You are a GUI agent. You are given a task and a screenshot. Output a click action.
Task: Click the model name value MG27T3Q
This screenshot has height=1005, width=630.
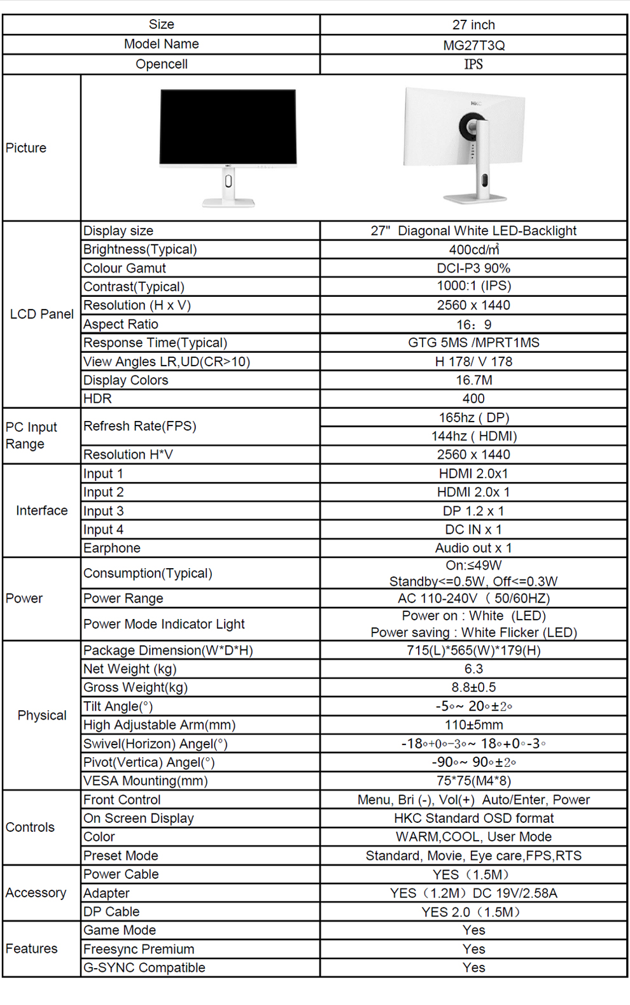coord(473,45)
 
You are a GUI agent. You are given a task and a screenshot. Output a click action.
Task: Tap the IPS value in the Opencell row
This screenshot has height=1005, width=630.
coord(473,64)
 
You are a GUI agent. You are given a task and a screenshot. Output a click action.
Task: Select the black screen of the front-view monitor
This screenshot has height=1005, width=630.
coord(228,126)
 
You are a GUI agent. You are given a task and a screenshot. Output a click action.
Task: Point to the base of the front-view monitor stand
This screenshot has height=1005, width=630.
coord(228,203)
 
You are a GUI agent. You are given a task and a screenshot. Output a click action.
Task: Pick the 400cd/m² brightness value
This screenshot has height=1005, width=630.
coord(473,250)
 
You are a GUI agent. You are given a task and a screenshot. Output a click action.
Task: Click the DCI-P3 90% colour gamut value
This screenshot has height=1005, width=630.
coord(473,268)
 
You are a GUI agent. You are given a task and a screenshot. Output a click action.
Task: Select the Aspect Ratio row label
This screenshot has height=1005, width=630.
coord(121,324)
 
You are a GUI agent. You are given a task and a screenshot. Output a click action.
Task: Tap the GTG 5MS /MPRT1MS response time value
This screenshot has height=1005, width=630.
coord(473,343)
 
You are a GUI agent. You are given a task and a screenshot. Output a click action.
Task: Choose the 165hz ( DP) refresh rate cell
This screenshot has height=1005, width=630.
coord(473,418)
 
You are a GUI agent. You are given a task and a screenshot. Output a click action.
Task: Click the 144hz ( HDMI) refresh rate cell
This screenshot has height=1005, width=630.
coord(473,436)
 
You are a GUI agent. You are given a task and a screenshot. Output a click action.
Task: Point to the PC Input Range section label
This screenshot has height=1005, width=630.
coord(32,436)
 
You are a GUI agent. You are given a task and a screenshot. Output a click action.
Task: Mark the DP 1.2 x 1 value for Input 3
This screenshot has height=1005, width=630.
coord(473,511)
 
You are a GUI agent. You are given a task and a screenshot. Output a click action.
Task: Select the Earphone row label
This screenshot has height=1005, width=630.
coord(112,548)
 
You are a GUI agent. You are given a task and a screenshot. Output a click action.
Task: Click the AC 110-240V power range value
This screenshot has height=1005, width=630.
coord(473,599)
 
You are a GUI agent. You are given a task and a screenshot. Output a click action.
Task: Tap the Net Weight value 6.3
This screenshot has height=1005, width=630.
coord(473,669)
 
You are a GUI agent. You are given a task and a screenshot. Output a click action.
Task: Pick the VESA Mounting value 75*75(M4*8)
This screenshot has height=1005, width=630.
coord(473,781)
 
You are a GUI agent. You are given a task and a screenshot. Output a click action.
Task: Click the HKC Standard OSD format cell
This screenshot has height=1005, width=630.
coord(473,818)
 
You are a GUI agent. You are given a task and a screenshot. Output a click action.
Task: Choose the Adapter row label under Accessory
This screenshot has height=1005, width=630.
coord(106,894)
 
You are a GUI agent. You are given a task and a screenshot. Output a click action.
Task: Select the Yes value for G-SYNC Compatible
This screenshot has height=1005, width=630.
coord(473,968)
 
